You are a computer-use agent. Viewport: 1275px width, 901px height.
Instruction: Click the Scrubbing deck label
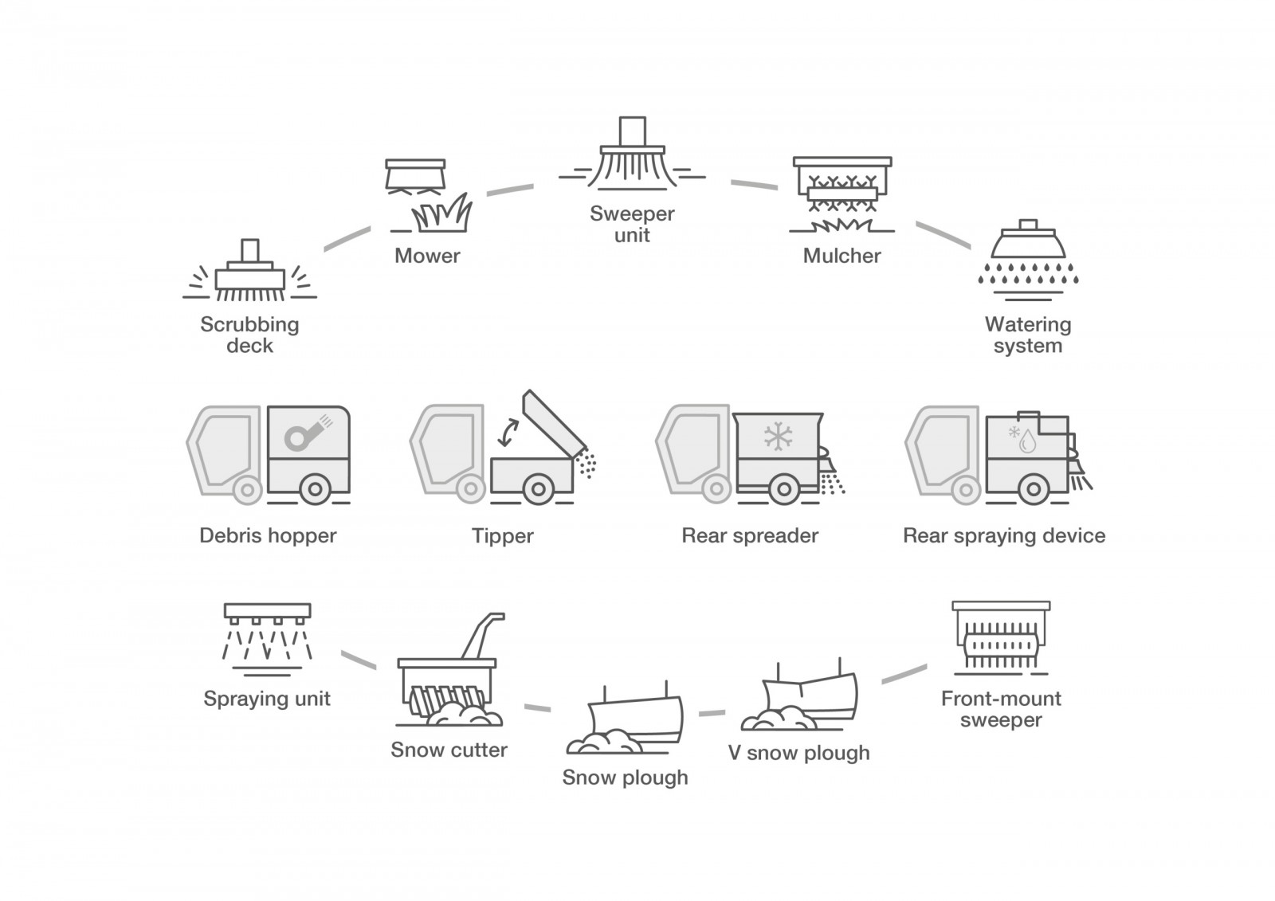click(x=249, y=335)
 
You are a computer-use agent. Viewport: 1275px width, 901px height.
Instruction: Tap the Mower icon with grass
click(x=428, y=195)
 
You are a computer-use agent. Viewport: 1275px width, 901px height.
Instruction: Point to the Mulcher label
click(x=841, y=256)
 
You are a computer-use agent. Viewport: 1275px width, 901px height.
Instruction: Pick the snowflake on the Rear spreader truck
click(x=777, y=436)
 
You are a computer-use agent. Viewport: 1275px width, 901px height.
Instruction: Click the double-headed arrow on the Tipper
click(x=506, y=434)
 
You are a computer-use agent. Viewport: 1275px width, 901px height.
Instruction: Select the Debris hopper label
click(x=268, y=535)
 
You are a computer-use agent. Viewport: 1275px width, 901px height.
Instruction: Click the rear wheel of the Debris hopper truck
click(x=316, y=489)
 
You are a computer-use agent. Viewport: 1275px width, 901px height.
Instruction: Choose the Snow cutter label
click(x=449, y=750)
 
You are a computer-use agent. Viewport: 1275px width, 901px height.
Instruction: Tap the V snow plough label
click(x=798, y=753)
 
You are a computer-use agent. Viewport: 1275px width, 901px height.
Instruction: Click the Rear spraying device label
click(x=1003, y=535)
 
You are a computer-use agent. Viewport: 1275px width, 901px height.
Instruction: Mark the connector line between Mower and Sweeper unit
click(x=510, y=190)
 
